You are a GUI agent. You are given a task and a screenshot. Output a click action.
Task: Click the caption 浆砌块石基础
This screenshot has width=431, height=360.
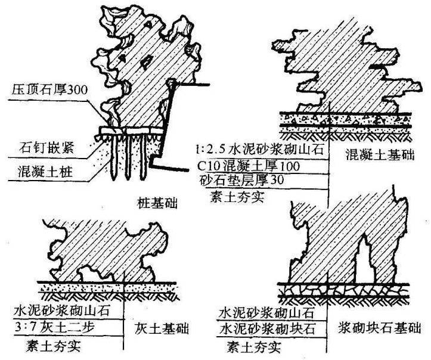coord(377,327)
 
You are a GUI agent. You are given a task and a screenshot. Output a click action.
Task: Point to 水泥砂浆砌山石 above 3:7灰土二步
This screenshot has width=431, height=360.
coord(58,311)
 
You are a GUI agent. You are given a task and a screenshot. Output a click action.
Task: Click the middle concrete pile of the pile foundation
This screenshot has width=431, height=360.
coord(128,158)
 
